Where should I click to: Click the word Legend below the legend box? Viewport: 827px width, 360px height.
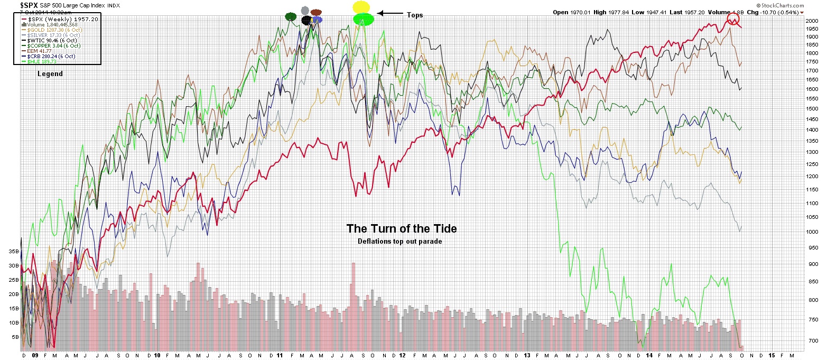[50, 74]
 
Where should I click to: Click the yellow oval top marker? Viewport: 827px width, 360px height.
[361, 7]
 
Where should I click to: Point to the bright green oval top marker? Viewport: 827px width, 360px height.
[364, 19]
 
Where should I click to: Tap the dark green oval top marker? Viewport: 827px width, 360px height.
[291, 17]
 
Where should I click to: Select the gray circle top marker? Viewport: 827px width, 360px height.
[304, 10]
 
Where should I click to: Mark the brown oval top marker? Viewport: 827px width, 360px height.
[316, 12]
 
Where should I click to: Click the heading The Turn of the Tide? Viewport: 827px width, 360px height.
[402, 229]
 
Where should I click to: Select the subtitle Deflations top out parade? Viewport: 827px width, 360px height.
[399, 242]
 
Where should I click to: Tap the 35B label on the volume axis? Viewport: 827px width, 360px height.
[13, 252]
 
